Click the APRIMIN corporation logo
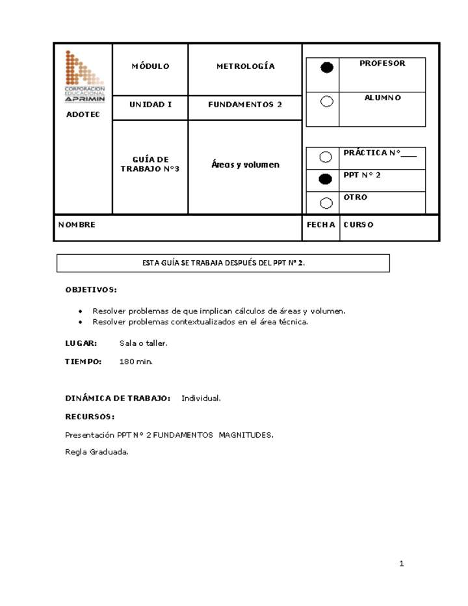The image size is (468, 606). tap(84, 76)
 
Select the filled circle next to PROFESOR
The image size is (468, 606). tap(327, 68)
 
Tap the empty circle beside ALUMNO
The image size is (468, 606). tap(327, 101)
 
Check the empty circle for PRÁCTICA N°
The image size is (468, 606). tap(326, 157)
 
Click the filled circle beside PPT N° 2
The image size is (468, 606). tap(326, 179)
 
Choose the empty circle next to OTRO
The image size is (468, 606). tap(326, 203)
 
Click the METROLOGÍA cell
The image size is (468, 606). tap(245, 66)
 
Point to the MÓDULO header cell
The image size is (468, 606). tap(150, 66)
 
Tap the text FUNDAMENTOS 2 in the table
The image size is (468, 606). tap(245, 104)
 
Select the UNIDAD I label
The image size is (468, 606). tap(150, 104)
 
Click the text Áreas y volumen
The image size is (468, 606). tap(245, 165)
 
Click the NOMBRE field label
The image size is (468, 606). tap(77, 225)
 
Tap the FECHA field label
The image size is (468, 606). tap(321, 225)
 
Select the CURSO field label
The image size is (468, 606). tap(358, 225)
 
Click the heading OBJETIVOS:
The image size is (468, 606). tap(91, 289)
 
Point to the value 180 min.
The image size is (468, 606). tap(136, 362)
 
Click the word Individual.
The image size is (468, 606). tap(201, 398)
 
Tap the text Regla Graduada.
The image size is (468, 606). tap(97, 453)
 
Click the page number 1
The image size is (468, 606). tap(402, 564)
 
